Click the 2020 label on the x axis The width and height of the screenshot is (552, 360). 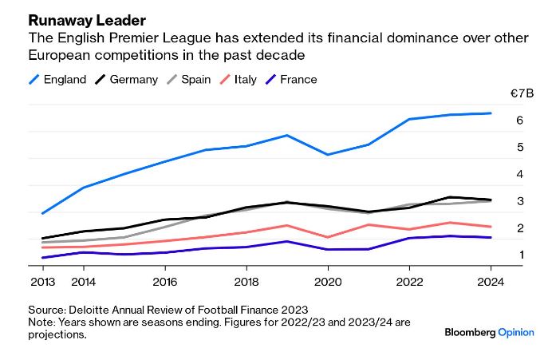click(328, 282)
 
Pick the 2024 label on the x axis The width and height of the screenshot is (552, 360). click(491, 282)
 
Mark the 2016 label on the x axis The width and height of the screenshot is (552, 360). click(164, 282)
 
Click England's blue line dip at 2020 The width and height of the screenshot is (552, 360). click(328, 154)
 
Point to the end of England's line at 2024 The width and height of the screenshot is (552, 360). click(491, 113)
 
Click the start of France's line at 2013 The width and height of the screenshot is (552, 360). click(41, 257)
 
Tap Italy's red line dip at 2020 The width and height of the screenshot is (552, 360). click(328, 237)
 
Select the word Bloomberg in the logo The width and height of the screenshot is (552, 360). click(469, 333)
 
